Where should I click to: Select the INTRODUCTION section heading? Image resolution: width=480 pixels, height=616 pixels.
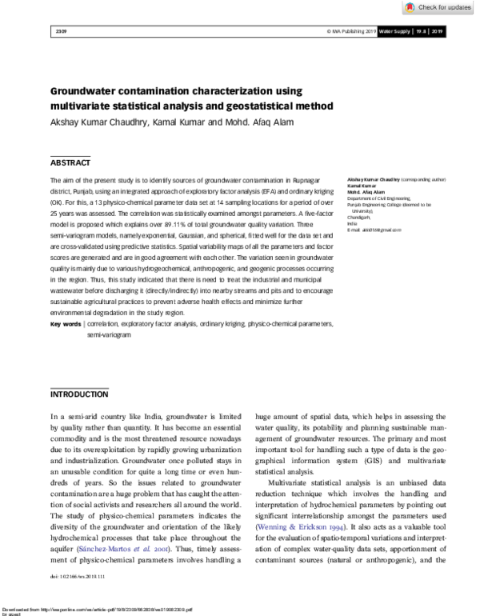tap(79, 394)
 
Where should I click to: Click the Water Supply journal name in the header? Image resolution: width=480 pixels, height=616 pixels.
tap(396, 31)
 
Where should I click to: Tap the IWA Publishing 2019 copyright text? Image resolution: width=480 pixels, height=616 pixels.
tap(352, 31)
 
